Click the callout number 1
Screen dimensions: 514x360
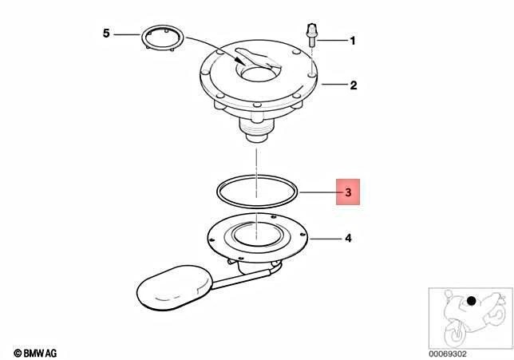[x=353, y=41]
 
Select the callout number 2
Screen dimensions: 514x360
[x=353, y=85]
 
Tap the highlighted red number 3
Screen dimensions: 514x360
[x=348, y=192]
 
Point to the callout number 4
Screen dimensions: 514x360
[x=349, y=238]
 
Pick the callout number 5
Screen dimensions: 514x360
[x=106, y=34]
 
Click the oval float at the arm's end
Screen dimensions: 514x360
[x=175, y=288]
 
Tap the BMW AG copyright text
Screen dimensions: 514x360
[x=35, y=353]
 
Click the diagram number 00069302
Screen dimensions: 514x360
[x=448, y=354]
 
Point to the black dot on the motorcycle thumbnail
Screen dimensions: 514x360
[x=471, y=301]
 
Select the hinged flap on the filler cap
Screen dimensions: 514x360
[x=258, y=59]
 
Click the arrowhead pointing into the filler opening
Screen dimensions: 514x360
[x=239, y=61]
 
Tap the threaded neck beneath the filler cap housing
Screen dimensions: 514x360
[x=257, y=130]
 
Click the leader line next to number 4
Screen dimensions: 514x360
[x=325, y=239]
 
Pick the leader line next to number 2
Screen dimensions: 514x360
[x=334, y=85]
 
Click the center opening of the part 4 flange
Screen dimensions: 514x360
[x=258, y=235]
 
